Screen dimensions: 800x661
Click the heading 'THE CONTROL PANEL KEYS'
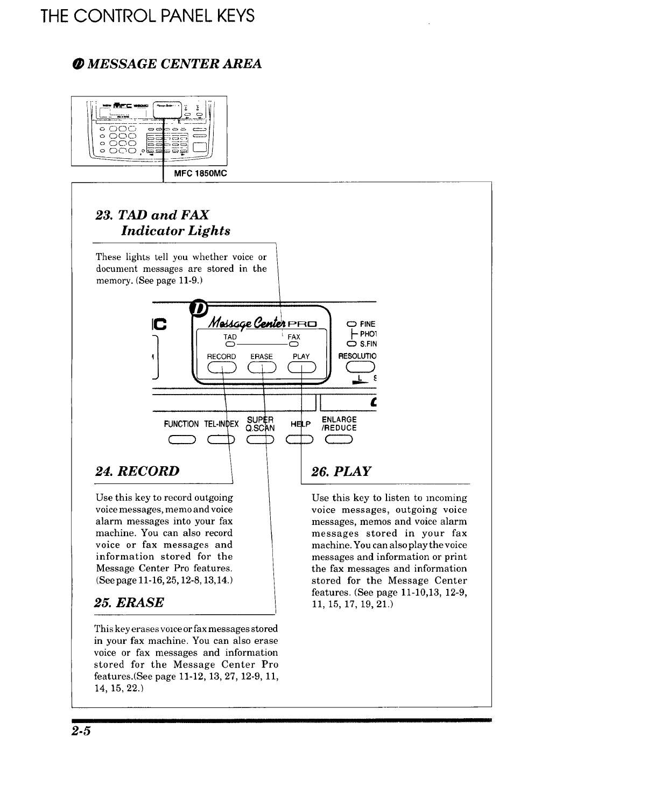click(x=148, y=16)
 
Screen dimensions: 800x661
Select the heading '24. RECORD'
click(x=137, y=472)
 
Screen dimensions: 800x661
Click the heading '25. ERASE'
click(x=129, y=602)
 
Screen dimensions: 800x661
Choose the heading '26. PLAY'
click(x=342, y=472)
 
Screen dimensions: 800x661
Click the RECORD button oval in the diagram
click(x=221, y=368)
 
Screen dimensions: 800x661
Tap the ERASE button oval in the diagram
click(x=262, y=368)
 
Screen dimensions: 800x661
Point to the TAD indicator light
click(x=230, y=344)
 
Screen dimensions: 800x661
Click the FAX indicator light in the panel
click(x=294, y=344)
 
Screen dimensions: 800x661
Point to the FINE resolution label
click(x=368, y=324)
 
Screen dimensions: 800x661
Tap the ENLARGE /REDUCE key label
click(x=339, y=424)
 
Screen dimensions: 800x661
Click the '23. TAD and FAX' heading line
click(x=152, y=215)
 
